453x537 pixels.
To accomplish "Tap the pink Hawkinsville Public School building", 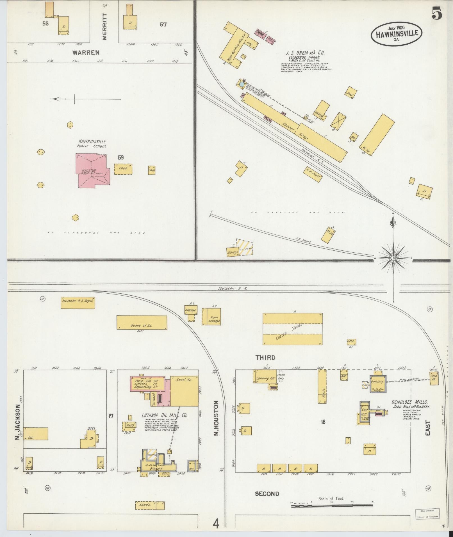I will point(93,170).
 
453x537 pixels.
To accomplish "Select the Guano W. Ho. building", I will point(142,323).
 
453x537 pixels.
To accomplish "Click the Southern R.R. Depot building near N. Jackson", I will point(78,303).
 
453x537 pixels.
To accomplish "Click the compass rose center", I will point(393,258).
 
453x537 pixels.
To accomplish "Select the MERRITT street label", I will point(104,26).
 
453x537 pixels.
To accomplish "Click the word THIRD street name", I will point(265,358).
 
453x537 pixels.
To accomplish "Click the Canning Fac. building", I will point(264,378).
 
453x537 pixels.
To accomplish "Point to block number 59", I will point(120,158).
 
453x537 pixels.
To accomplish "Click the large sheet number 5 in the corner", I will point(437,14).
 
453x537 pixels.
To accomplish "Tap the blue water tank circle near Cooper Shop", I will point(242,84).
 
